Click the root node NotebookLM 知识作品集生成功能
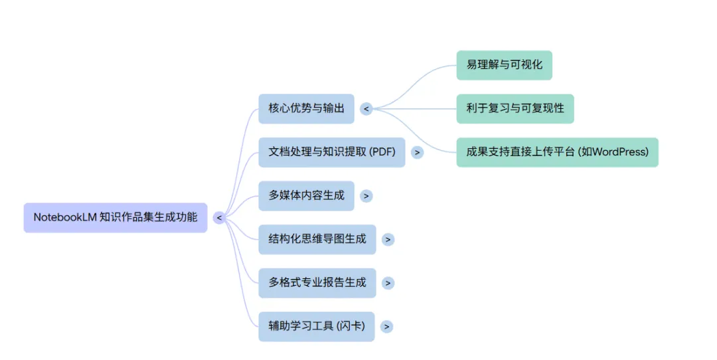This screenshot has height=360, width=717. click(116, 217)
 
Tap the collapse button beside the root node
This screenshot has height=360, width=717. click(219, 218)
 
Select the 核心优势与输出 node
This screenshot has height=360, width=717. click(306, 108)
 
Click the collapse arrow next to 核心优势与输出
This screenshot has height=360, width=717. click(366, 109)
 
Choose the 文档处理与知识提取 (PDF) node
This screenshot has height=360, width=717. click(331, 152)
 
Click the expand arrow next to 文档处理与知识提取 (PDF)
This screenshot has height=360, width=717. click(417, 152)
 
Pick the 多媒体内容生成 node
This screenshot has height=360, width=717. click(306, 196)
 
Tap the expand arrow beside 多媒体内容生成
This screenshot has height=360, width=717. click(366, 196)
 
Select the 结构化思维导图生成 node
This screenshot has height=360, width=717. click(317, 239)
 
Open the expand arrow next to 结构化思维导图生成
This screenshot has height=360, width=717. click(388, 240)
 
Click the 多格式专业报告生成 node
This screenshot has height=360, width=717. click(317, 283)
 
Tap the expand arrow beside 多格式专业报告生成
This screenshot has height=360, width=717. click(388, 283)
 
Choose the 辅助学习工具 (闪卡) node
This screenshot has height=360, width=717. click(316, 326)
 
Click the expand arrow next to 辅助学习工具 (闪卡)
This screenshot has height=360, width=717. click(386, 327)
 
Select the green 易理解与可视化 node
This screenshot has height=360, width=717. click(504, 65)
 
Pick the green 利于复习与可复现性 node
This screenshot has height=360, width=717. click(515, 108)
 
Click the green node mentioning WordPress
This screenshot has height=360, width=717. click(557, 152)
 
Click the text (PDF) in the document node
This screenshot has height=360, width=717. click(383, 152)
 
